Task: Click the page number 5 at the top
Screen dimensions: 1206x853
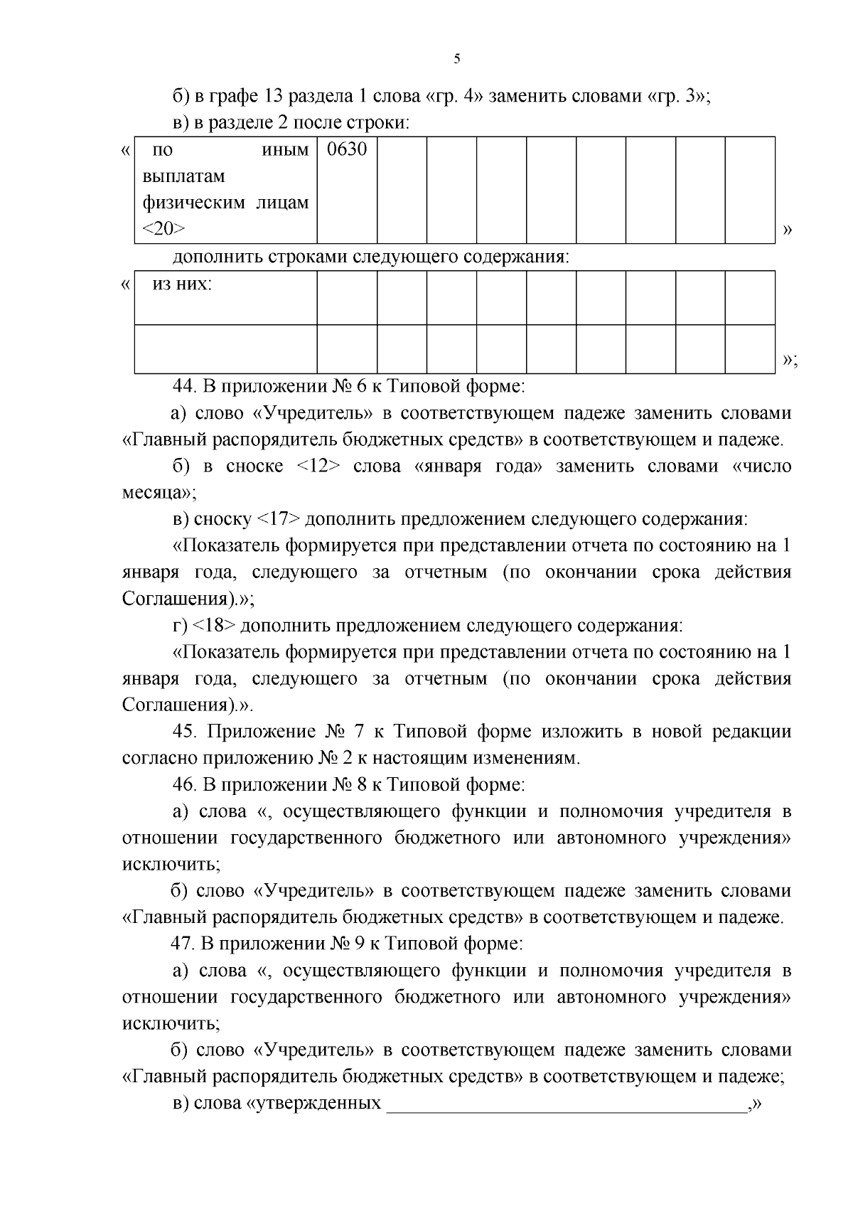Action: click(x=456, y=59)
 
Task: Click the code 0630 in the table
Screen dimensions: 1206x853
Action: click(x=346, y=150)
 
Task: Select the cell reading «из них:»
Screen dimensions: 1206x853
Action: click(x=183, y=284)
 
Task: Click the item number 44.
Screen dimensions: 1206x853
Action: click(x=184, y=387)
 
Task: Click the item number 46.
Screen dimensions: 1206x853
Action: click(x=184, y=785)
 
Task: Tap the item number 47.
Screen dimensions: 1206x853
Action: click(x=184, y=944)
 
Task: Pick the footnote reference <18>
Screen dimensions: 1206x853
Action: click(x=215, y=626)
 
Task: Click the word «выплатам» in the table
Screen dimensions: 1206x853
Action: click(x=183, y=176)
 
